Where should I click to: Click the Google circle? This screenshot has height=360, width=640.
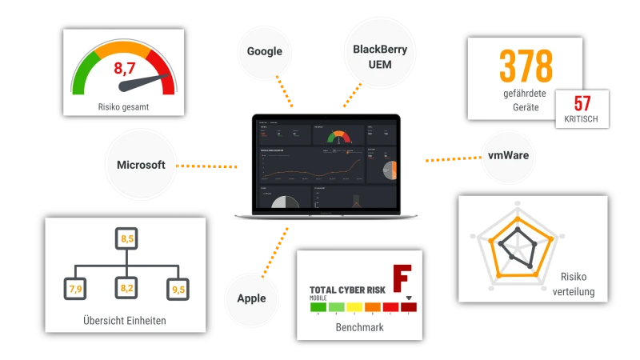265,51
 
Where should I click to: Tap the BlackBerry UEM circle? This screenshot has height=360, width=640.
380,56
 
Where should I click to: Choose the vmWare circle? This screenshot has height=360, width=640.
510,158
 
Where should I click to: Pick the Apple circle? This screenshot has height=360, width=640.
251,298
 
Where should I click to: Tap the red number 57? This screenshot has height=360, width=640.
582,104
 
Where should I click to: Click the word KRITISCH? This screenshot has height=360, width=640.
582,120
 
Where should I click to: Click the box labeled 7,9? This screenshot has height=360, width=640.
76,288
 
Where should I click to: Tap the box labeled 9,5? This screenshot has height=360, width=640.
177,288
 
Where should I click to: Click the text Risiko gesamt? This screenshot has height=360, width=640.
124,106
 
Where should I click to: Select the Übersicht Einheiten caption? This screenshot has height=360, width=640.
125,322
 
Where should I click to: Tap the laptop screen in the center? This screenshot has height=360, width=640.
324,164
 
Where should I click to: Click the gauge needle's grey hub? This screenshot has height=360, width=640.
126,85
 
